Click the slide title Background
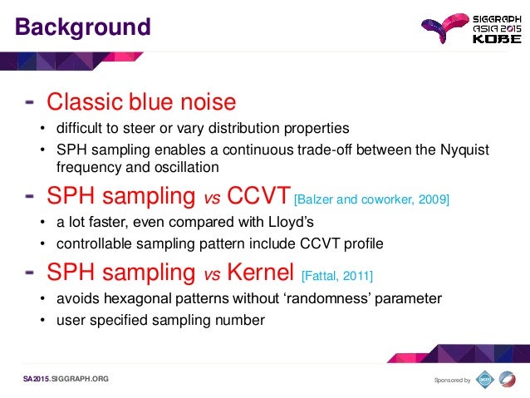[83, 27]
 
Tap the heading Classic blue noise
[141, 102]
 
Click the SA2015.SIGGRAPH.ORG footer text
[66, 379]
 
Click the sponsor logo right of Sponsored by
[485, 379]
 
